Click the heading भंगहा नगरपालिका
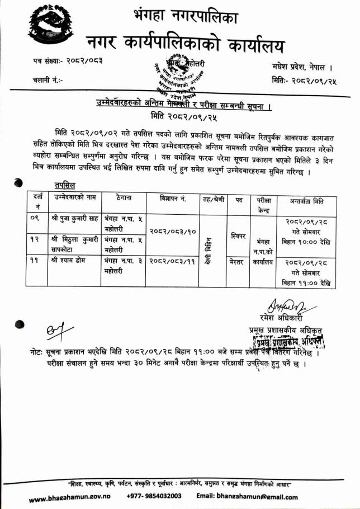(x=186, y=17)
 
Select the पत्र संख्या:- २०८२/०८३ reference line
(x=67, y=60)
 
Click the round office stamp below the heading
(x=177, y=77)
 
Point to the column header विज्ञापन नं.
(x=172, y=199)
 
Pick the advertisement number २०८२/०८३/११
(x=172, y=261)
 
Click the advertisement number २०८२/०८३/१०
(x=172, y=230)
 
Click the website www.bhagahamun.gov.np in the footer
(x=69, y=497)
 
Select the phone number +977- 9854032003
(x=154, y=496)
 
